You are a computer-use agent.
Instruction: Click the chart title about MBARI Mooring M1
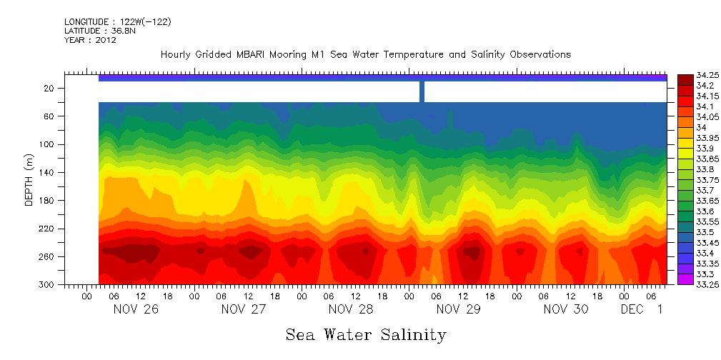click(x=366, y=55)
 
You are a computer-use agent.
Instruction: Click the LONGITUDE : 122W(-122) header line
click(x=117, y=22)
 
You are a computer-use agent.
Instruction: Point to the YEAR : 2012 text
click(x=90, y=40)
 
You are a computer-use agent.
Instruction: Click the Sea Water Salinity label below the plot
click(x=366, y=334)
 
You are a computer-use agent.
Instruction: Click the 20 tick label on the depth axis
click(x=49, y=88)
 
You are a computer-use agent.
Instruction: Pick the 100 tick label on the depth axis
click(x=47, y=144)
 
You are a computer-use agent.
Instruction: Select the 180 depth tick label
click(x=47, y=201)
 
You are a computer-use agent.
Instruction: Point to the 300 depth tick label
click(x=47, y=285)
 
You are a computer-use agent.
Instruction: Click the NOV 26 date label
click(x=136, y=309)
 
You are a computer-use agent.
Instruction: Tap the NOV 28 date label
click(x=351, y=309)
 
